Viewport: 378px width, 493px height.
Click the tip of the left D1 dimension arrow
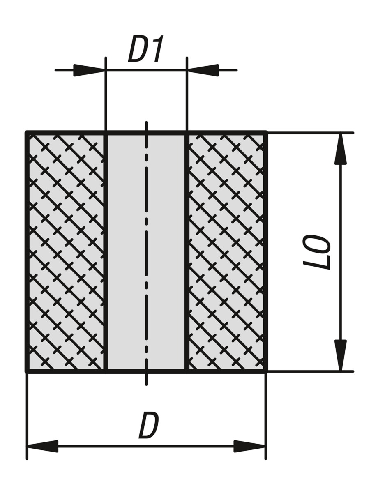click(105, 70)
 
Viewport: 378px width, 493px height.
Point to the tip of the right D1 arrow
click(187, 70)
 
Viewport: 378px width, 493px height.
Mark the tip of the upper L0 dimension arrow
click(341, 133)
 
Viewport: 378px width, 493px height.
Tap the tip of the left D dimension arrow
click(28, 446)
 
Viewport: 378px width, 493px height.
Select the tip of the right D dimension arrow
click(265, 446)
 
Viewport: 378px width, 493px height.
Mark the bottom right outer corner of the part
click(267, 372)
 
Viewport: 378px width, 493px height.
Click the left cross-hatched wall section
click(67, 252)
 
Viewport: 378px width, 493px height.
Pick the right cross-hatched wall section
click(226, 252)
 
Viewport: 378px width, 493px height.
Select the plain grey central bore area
click(146, 252)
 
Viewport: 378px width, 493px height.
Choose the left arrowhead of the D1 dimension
click(90, 70)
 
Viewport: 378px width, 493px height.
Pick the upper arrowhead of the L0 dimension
click(341, 149)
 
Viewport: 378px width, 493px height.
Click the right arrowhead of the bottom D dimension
click(250, 446)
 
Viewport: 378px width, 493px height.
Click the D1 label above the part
click(146, 48)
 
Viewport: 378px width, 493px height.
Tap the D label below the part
click(149, 425)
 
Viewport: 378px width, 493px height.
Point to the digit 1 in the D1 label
click(157, 48)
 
